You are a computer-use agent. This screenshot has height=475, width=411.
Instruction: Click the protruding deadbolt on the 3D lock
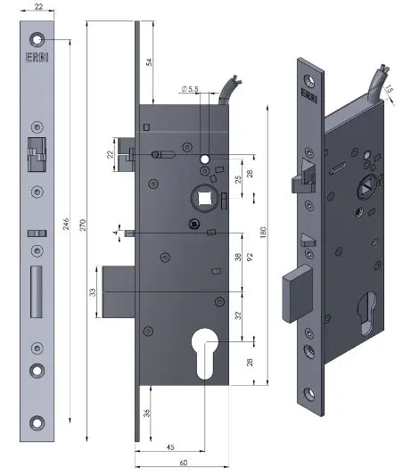294,294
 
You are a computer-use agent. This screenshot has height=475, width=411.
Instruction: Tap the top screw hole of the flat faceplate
37,39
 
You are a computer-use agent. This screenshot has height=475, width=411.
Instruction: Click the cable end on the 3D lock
381,67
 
